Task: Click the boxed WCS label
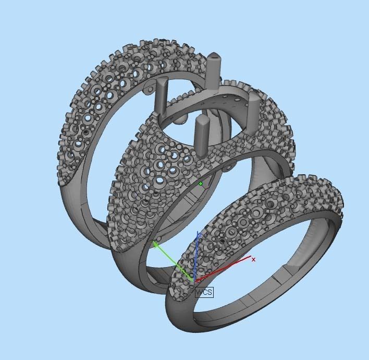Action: (204, 292)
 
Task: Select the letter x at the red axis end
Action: (254, 259)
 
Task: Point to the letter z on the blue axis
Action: (199, 236)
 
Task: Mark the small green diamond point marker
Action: (201, 184)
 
